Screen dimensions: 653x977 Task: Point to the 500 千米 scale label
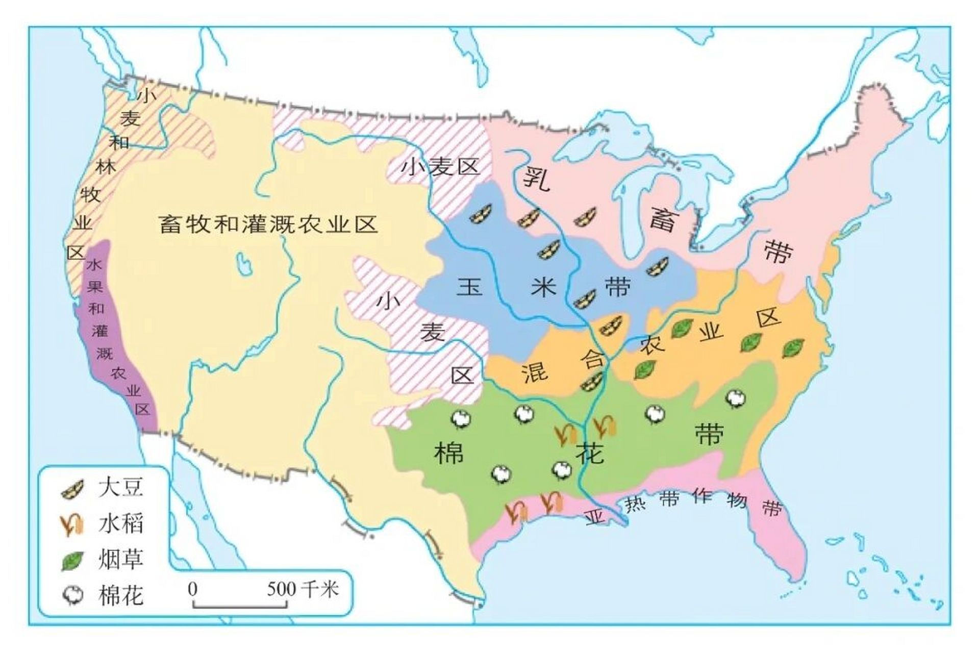pos(303,589)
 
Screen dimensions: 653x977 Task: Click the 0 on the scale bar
pos(192,589)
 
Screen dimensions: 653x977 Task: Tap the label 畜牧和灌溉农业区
pos(268,224)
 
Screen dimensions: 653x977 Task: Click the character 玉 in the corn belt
pos(469,287)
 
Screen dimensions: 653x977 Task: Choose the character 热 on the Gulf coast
pos(636,504)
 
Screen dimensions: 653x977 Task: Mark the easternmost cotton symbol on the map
pos(735,398)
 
